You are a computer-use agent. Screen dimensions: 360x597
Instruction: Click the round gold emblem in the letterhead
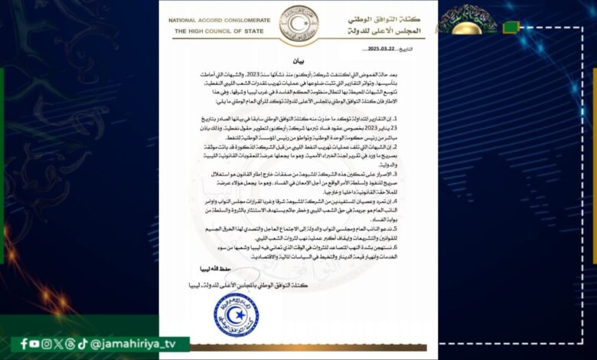(298, 22)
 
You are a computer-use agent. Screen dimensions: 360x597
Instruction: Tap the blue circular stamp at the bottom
(236, 314)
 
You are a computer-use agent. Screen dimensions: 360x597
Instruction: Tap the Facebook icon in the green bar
(24, 344)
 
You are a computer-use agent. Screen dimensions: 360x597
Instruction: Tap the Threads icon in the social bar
(70, 344)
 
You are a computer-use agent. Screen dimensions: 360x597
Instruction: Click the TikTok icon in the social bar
(83, 344)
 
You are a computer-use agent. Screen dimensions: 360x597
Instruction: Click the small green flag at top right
(510, 28)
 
